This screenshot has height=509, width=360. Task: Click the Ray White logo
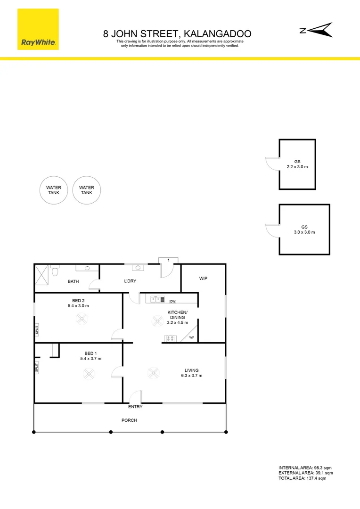coord(38,29)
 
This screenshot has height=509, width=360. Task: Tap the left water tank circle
coord(53,190)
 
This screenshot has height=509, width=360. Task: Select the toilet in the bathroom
coord(56,271)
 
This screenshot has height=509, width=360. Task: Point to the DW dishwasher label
coord(172,301)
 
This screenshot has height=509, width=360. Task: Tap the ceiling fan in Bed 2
coord(82,320)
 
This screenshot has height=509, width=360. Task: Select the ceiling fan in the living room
coord(153,373)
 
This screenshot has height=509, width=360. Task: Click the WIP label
coord(204,279)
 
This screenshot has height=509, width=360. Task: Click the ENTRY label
coord(135,407)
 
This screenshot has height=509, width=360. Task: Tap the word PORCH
coord(130,420)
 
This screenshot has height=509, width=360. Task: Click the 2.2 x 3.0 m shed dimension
coord(297,167)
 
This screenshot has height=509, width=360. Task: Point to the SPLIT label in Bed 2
coord(37,329)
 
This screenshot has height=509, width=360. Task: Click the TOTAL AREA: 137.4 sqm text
coord(302,478)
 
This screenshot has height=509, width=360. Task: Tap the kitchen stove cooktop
coord(170,338)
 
